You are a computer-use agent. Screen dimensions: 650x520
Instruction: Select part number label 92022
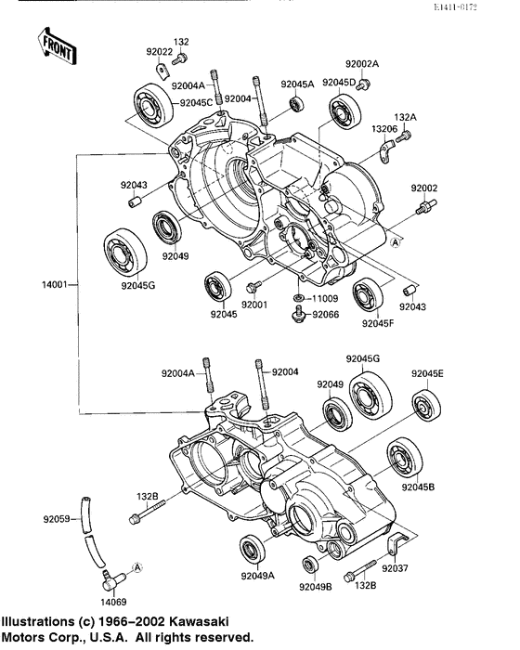[x=159, y=52]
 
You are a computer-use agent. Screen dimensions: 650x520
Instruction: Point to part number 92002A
[x=362, y=64]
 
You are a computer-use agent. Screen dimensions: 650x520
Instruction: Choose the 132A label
[x=407, y=117]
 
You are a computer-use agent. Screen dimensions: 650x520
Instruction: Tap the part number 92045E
[x=428, y=374]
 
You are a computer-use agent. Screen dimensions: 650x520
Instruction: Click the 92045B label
[x=419, y=487]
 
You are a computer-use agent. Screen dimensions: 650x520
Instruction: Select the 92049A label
[x=258, y=577]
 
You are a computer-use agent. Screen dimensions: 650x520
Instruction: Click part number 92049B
[x=316, y=587]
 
